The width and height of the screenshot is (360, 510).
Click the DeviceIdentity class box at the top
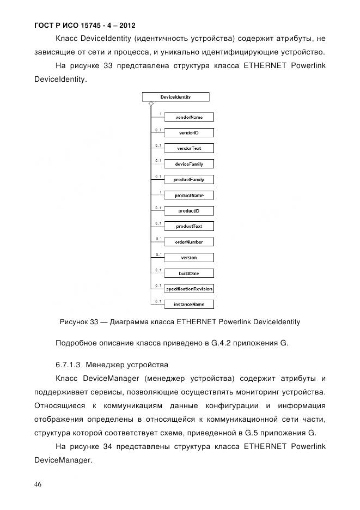pyautogui.click(x=175, y=97)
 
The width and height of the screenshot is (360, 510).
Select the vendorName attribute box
pyautogui.click(x=189, y=117)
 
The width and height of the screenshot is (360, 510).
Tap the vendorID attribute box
pyautogui.click(x=189, y=132)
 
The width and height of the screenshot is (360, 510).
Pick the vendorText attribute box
pyautogui.click(x=189, y=148)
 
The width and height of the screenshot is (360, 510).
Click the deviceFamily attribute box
pyautogui.click(x=189, y=164)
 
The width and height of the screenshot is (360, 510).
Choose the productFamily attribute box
pyautogui.click(x=189, y=179)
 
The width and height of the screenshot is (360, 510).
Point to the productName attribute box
pyautogui.click(x=189, y=195)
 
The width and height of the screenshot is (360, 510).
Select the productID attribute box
pyautogui.click(x=189, y=210)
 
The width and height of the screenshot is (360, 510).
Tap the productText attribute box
pyautogui.click(x=189, y=226)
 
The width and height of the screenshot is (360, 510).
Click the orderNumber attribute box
pyautogui.click(x=189, y=242)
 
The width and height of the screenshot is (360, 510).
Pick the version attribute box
pyautogui.click(x=189, y=257)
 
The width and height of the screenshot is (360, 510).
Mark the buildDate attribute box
pyautogui.click(x=189, y=273)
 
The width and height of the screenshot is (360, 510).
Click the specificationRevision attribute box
pyautogui.click(x=189, y=289)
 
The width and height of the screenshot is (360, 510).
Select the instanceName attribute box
pyautogui.click(x=189, y=304)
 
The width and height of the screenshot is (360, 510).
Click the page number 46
pyautogui.click(x=38, y=484)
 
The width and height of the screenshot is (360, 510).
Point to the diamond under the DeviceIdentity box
pyautogui.click(x=150, y=104)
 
